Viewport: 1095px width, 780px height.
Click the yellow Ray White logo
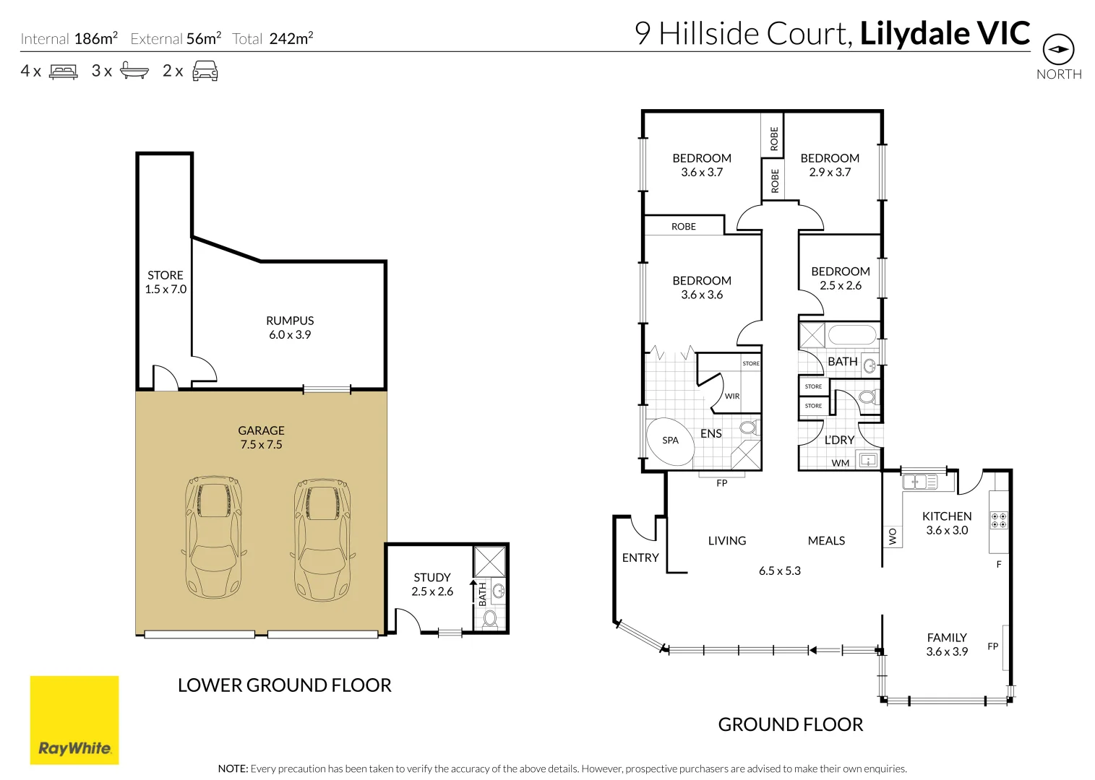(x=74, y=719)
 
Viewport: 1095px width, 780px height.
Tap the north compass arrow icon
(x=1058, y=50)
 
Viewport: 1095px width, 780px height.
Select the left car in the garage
(x=213, y=537)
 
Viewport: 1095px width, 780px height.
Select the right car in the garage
(x=322, y=539)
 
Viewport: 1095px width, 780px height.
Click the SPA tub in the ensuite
(x=670, y=441)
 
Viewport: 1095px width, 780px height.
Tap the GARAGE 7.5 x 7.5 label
(x=261, y=437)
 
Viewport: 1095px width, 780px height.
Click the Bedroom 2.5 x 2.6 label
(x=840, y=278)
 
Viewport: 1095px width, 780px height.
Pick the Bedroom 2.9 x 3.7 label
(x=830, y=165)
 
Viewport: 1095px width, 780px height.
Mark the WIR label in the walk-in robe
(x=732, y=396)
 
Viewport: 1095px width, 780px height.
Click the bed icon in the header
(x=64, y=71)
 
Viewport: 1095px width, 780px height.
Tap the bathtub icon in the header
(x=134, y=71)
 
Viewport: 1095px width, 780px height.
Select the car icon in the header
(x=205, y=71)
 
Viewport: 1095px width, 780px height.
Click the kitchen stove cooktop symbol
(x=999, y=520)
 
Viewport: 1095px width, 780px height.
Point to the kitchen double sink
(x=915, y=481)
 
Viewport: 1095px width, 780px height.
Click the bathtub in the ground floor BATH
(x=851, y=335)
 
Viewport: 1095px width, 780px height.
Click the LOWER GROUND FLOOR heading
(x=284, y=685)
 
